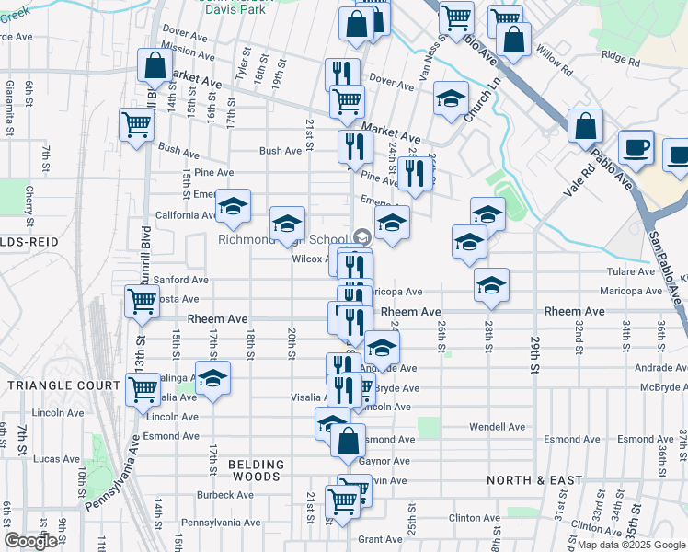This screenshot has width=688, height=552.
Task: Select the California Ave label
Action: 186,215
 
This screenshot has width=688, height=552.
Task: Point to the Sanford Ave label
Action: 181,279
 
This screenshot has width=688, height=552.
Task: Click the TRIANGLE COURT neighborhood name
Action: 59,385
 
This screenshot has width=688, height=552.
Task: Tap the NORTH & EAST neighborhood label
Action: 523,480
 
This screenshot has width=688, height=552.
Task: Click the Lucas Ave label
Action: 57,458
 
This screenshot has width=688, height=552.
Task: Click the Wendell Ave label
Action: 497,427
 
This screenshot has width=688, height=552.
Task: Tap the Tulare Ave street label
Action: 629,272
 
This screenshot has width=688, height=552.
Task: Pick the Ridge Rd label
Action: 619,55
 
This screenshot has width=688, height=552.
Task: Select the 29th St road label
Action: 534,355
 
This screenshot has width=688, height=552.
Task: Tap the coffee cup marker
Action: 635,147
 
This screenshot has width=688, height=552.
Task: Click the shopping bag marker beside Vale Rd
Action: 585,126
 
